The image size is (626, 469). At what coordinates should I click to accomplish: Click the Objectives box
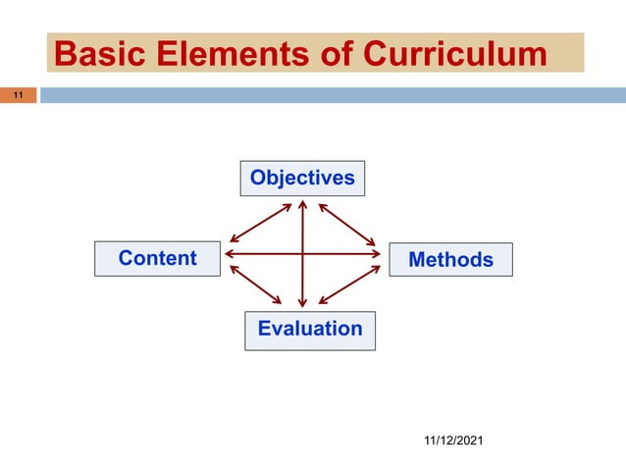(x=302, y=178)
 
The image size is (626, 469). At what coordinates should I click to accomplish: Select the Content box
(x=157, y=259)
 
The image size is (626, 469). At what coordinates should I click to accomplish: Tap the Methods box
(x=450, y=260)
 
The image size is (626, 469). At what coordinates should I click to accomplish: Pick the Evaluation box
(x=309, y=330)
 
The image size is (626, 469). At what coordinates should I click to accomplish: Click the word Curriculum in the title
(x=455, y=53)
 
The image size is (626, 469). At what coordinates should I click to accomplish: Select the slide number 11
(x=18, y=96)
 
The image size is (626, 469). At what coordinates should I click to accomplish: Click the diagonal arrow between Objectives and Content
(x=260, y=222)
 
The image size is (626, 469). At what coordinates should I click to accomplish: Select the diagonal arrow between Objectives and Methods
(x=347, y=224)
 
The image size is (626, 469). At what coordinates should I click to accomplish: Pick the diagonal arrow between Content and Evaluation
(x=258, y=284)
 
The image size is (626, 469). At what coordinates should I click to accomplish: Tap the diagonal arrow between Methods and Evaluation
(x=349, y=285)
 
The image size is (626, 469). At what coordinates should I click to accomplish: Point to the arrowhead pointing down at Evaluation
(x=303, y=302)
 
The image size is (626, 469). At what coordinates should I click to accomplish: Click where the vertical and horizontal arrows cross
(x=303, y=254)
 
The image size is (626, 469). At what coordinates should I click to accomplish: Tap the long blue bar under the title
(x=334, y=95)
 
